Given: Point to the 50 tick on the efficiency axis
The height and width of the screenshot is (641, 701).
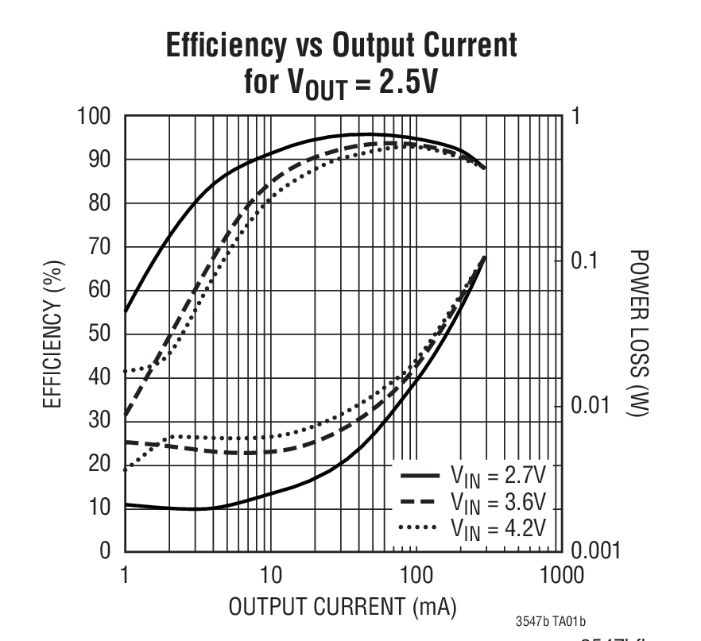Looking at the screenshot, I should pos(102,334).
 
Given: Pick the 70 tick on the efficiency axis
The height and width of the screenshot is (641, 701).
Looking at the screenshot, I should pos(102,247).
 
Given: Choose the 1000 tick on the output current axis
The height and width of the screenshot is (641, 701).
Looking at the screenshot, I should pos(561,574).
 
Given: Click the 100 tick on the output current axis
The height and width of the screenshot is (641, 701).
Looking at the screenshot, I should pos(416,574).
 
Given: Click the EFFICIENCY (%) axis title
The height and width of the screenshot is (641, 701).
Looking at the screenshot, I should pos(52,334).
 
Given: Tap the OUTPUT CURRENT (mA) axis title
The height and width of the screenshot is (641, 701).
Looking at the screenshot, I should pos(343,608).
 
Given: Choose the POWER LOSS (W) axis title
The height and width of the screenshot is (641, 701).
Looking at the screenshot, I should pos(638,334).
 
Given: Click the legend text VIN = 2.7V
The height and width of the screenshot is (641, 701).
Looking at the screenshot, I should pos(498,477).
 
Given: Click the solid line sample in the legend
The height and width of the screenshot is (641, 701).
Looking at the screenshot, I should pos(420,477).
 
